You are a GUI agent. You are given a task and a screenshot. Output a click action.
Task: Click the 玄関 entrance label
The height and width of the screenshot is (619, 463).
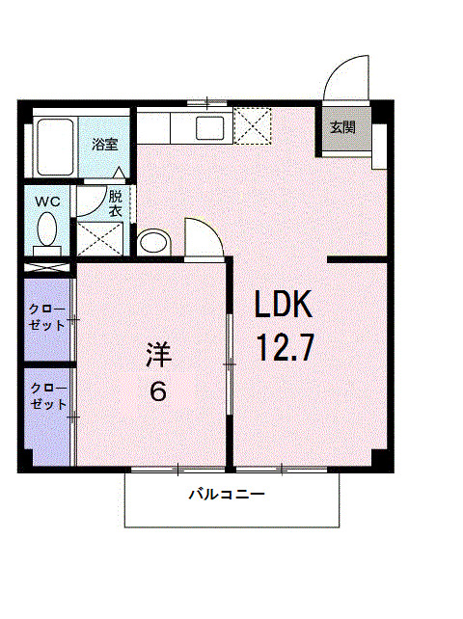pyautogui.click(x=342, y=127)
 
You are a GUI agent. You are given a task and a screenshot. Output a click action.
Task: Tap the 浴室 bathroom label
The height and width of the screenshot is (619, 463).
pyautogui.click(x=105, y=146)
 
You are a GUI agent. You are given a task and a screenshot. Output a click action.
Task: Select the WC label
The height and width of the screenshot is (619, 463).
pyautogui.click(x=47, y=202)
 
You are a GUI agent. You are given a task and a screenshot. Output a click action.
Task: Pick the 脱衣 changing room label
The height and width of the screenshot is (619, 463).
pyautogui.click(x=115, y=202)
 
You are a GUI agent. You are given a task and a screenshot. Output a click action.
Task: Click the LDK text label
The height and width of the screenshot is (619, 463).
pyautogui.click(x=284, y=306)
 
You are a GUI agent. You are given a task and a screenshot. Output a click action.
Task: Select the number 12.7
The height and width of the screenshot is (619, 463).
pyautogui.click(x=284, y=347)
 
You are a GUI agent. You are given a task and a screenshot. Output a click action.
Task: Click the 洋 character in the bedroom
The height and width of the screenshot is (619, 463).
pyautogui.click(x=158, y=354)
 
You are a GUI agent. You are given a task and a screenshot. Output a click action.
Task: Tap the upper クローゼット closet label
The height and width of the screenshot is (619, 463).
pyautogui.click(x=47, y=318)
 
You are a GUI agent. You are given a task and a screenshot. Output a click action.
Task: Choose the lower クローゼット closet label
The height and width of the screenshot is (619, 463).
pyautogui.click(x=47, y=397)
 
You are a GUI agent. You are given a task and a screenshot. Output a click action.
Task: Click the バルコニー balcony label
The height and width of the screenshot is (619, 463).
pyautogui.click(x=226, y=496)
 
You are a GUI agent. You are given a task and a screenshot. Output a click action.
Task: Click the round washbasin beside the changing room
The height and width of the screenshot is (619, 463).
pyautogui.click(x=152, y=240)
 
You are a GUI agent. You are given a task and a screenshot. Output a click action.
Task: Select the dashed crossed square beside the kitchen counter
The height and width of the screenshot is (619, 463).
pyautogui.click(x=253, y=126)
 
